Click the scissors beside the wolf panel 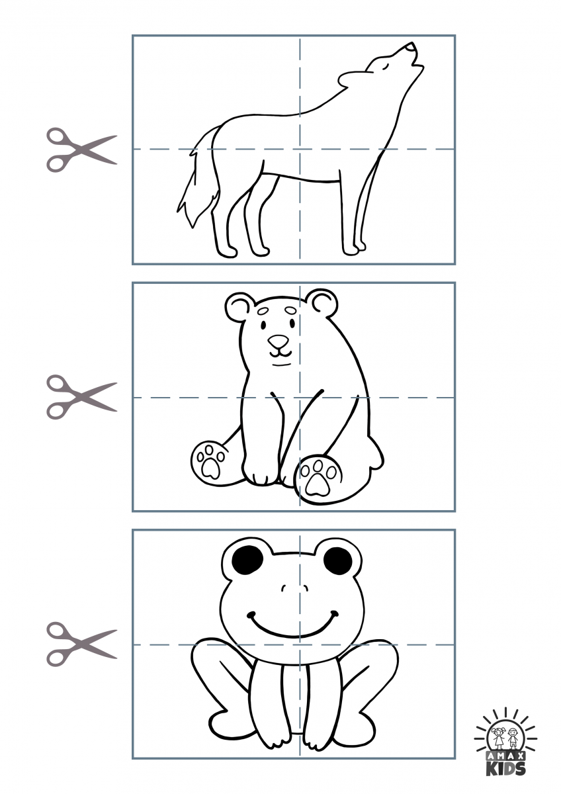(80, 150)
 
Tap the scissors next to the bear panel (80, 396)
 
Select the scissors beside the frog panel (80, 643)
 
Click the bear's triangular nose (279, 342)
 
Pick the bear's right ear (322, 302)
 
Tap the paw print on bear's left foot (209, 461)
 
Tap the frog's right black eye (338, 561)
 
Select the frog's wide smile (292, 625)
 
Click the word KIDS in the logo (506, 768)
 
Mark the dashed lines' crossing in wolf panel (300, 149)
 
